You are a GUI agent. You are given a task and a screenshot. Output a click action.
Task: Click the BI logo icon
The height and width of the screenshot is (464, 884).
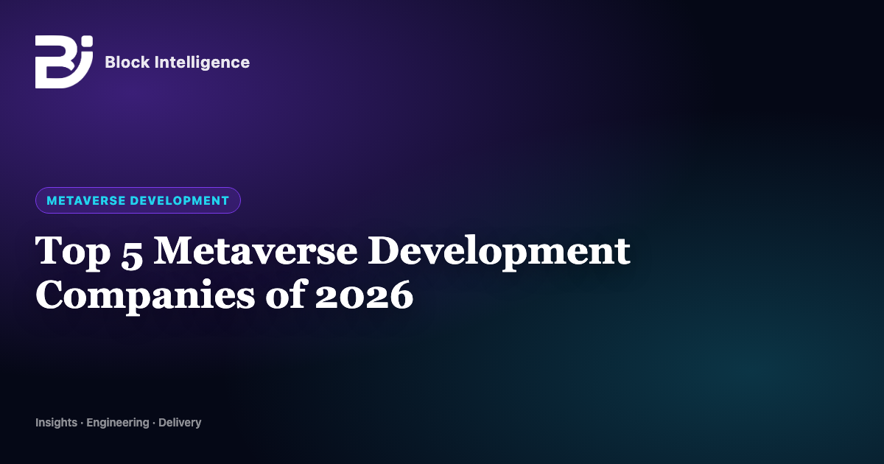click(x=64, y=62)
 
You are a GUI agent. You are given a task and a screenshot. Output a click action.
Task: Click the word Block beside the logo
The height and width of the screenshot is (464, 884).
click(x=127, y=62)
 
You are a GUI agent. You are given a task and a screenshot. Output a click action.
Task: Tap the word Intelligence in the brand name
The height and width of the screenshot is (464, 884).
click(x=202, y=63)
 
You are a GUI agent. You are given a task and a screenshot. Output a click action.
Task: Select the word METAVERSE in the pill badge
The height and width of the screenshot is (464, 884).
click(x=86, y=200)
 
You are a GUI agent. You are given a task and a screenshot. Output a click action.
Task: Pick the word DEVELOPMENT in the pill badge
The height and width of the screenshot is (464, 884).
click(x=180, y=200)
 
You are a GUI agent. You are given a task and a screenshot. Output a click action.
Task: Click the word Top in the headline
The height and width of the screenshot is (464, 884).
click(x=73, y=252)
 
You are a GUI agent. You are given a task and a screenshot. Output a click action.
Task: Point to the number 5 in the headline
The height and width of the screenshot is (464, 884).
click(x=132, y=255)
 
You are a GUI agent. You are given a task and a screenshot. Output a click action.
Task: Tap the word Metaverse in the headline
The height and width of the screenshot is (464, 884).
click(x=256, y=250)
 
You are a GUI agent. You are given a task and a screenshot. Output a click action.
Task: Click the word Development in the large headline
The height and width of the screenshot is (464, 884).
click(x=499, y=253)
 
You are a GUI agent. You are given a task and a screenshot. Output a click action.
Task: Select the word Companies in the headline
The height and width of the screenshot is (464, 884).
click(x=145, y=297)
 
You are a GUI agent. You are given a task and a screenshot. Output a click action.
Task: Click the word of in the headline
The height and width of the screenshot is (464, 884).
click(x=285, y=294)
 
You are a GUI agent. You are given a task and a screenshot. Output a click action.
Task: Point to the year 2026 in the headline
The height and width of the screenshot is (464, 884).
click(x=364, y=295)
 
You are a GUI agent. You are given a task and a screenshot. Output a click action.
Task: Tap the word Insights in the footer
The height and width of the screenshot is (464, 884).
click(x=57, y=423)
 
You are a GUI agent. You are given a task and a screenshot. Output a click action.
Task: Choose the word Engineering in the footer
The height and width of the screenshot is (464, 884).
click(x=118, y=423)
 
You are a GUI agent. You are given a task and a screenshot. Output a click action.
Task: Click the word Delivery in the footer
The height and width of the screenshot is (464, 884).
click(x=180, y=423)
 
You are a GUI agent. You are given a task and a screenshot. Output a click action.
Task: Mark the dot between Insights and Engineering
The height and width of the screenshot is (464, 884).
click(x=82, y=423)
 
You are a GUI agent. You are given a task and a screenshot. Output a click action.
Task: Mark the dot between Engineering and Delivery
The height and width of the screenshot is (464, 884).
click(x=153, y=423)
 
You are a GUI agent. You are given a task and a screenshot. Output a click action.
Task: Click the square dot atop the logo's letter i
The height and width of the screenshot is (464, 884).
click(x=88, y=41)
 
